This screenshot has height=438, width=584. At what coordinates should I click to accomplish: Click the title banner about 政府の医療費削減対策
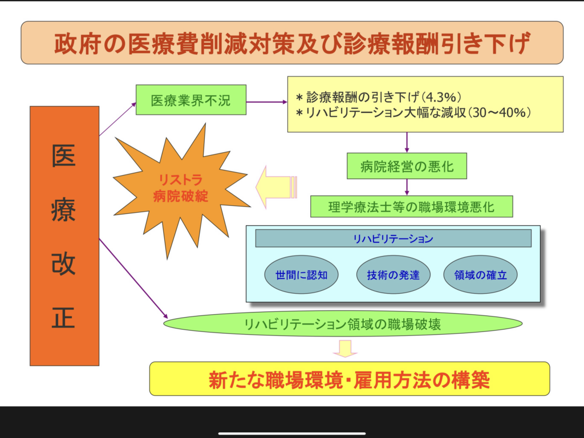[291, 43]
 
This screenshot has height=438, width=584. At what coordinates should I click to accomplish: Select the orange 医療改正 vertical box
[64, 236]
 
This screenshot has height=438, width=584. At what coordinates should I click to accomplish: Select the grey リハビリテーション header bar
[393, 238]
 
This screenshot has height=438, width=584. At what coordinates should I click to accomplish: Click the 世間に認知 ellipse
[301, 274]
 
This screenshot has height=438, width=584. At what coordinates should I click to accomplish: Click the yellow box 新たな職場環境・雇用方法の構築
[349, 379]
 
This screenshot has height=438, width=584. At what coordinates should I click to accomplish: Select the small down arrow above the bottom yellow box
[345, 348]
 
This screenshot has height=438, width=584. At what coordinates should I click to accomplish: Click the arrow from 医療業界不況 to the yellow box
[266, 102]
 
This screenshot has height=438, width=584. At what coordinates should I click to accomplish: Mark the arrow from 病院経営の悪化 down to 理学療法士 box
[407, 187]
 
